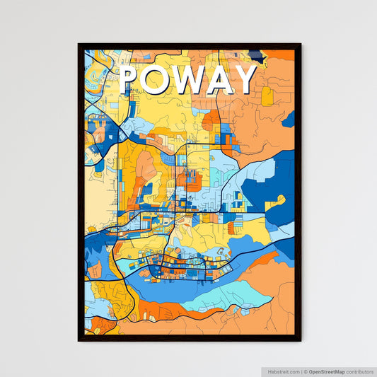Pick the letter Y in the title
(x=245, y=80)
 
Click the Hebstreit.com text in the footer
(x=284, y=371)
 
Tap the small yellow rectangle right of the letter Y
(x=267, y=95)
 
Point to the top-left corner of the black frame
(x=79, y=45)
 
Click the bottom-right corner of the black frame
(x=300, y=340)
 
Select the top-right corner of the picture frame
(x=300, y=45)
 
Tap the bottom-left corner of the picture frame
(x=79, y=340)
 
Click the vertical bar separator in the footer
(x=301, y=371)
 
